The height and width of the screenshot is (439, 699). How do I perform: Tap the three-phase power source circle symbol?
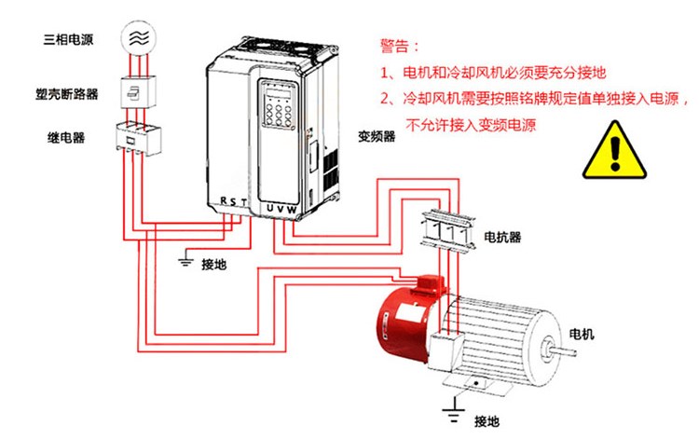click(138, 36)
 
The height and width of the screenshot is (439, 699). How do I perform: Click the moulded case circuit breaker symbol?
click(138, 94)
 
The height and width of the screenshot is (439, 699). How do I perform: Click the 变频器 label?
click(377, 136)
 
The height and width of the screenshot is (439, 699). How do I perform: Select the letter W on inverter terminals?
click(294, 209)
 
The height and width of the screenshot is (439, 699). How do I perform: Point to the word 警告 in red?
click(399, 45)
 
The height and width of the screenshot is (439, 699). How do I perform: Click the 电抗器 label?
click(501, 238)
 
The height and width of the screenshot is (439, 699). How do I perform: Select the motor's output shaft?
click(563, 352)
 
